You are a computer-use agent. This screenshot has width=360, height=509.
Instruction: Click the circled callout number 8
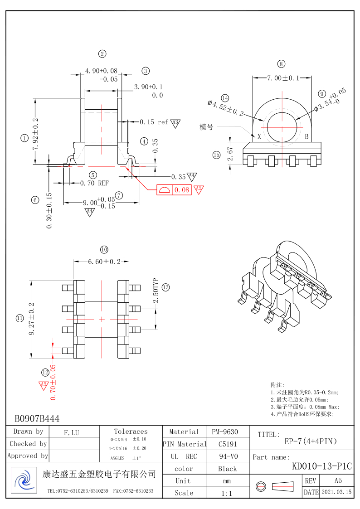(281, 64)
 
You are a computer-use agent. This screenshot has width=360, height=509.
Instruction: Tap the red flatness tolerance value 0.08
(182, 190)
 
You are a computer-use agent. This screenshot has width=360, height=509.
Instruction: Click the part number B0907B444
(37, 419)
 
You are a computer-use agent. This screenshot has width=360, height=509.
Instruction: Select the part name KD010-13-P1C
(322, 466)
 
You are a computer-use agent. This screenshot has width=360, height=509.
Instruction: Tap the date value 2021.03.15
(336, 492)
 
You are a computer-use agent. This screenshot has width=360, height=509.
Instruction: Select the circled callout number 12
(45, 373)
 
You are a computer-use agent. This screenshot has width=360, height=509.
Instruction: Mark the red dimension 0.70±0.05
(54, 382)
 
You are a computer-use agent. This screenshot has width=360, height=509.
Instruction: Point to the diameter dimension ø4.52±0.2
(226, 107)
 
